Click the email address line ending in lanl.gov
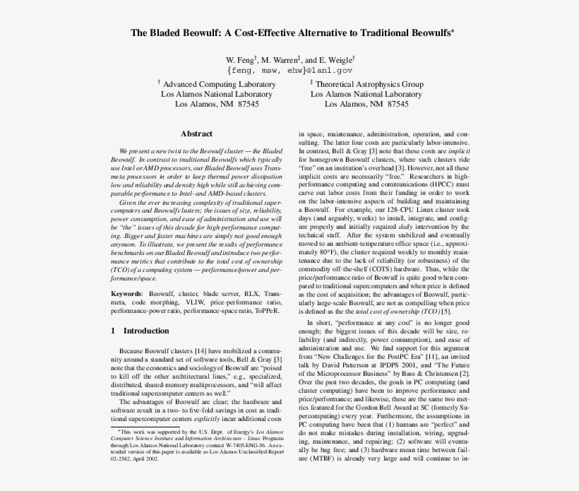pyautogui.click(x=289, y=71)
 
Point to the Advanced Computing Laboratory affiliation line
pyautogui.click(x=216, y=84)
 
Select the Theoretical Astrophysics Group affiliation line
pyautogui.click(x=366, y=84)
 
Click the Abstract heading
pyautogui.click(x=196, y=134)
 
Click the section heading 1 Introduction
pyautogui.click(x=141, y=331)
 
